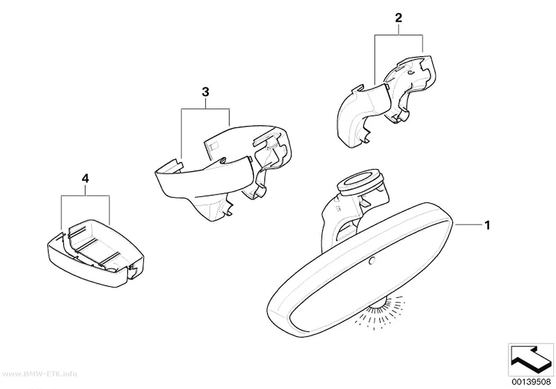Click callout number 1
click(x=487, y=225)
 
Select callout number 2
click(x=399, y=18)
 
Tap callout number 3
click(x=205, y=92)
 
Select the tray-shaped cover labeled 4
click(x=95, y=253)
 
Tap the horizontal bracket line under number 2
click(x=399, y=35)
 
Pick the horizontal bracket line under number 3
click(x=205, y=109)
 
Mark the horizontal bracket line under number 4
click(x=85, y=195)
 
